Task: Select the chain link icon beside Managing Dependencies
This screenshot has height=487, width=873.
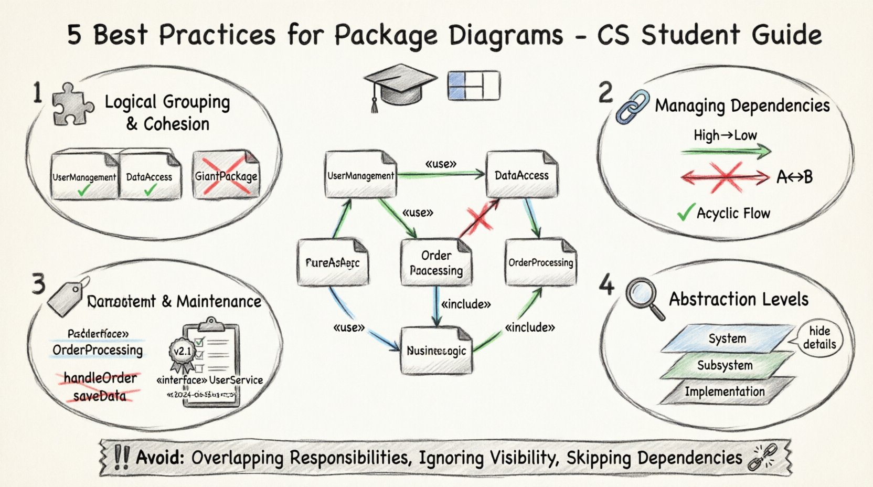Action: point(632,107)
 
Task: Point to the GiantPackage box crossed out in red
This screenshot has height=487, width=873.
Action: point(226,175)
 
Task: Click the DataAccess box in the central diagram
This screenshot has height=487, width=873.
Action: point(521,175)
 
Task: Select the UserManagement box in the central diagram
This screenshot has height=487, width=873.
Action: point(361,175)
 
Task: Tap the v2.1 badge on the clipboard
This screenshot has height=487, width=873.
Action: point(182,351)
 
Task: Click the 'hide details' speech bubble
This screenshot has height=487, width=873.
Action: point(819,337)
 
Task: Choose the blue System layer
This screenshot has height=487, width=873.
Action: point(727,338)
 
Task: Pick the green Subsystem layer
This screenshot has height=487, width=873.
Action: point(725,365)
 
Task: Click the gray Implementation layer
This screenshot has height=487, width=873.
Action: point(725,391)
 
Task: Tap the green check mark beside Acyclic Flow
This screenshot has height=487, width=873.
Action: point(685,212)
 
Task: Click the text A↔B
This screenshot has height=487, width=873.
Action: point(794,177)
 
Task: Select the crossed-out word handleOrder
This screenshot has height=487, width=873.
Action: point(100,378)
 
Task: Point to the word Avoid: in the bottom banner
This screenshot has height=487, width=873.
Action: point(160,457)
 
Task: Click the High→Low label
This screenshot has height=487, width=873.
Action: point(725,135)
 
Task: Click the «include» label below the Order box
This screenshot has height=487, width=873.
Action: point(466,304)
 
